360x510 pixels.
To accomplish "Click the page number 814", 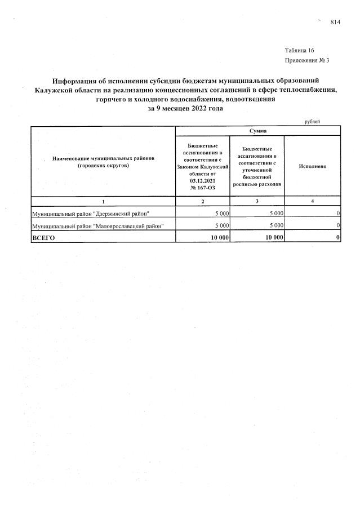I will coord(335,22).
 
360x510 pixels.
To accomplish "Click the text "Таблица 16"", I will coord(299,51).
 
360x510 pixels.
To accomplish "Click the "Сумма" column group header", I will coord(258,131).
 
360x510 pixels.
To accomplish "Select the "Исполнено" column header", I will coord(313,166).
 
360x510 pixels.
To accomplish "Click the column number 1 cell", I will coord(103,201).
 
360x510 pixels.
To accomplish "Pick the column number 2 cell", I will coord(203,201).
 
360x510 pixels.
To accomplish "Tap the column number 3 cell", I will coord(257,201).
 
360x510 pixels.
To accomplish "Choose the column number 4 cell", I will coord(313,201).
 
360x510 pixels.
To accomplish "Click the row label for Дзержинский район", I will coord(91,213).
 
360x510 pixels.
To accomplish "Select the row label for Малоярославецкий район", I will coord(97,225).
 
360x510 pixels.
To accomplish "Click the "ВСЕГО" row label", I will coord(46,238).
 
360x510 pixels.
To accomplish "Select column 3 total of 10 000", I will coord(273,238).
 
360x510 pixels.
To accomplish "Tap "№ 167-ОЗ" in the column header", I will coord(203,188).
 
